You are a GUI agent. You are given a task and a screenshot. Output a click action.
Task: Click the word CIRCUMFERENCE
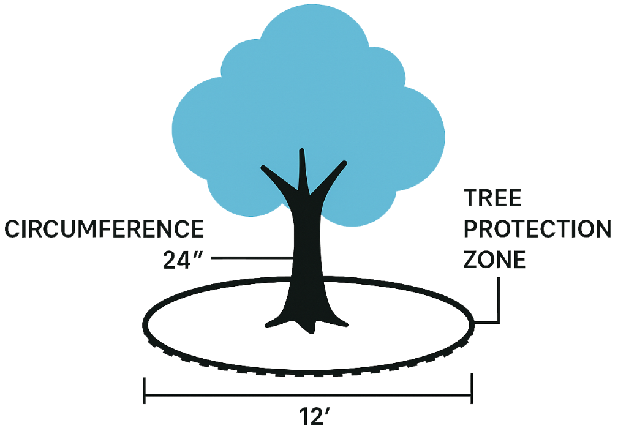[x=104, y=230]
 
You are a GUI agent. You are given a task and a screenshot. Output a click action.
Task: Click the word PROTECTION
[x=537, y=230]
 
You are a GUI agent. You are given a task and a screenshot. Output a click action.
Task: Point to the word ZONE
[x=494, y=260]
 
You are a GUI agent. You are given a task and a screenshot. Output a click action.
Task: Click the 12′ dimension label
[x=307, y=418]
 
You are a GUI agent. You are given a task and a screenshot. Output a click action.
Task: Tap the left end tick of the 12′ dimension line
[x=145, y=391]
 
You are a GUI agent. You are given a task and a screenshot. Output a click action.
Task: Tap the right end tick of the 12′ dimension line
[x=472, y=391]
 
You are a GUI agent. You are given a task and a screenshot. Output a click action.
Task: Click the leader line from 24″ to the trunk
[x=251, y=258]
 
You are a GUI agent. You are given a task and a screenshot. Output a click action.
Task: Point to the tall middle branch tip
[x=301, y=153]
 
